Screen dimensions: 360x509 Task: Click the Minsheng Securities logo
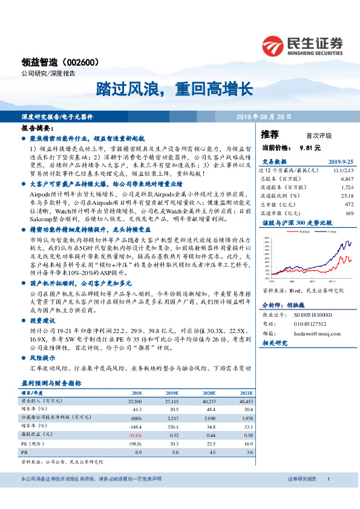pos(303,45)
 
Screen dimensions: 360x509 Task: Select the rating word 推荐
pos(270,135)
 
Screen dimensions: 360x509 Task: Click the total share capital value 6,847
pos(346,180)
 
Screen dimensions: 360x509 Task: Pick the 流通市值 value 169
pos(349,213)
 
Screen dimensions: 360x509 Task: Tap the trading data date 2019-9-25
pos(341,163)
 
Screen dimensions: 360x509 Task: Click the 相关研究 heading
pos(275,343)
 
